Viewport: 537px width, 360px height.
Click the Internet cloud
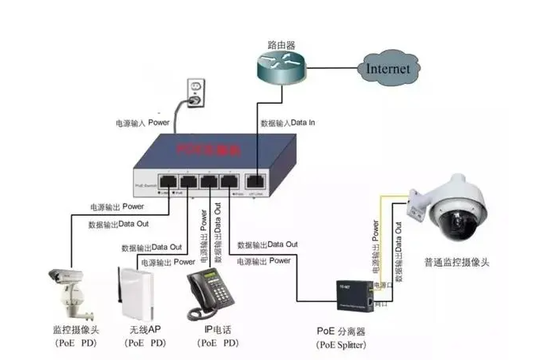388,68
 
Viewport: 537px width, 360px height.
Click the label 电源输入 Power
143,123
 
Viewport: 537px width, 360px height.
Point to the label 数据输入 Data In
288,123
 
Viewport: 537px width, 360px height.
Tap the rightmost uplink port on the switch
255,180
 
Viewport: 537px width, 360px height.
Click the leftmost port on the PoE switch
168,180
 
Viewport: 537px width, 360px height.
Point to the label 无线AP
145,329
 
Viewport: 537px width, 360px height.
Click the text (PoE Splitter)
342,345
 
